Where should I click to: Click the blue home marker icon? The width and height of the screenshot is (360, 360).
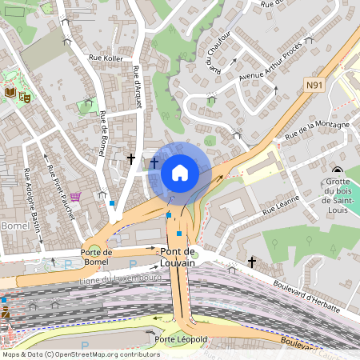tap(180, 173)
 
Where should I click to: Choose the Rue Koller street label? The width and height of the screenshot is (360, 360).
tap(106, 58)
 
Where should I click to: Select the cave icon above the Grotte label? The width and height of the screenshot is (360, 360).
tap(337, 170)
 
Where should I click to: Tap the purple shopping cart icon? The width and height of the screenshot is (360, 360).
tap(75, 197)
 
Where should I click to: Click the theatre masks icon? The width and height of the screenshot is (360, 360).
tap(25, 95)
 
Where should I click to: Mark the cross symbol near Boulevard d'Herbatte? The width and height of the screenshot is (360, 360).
tap(252, 262)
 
